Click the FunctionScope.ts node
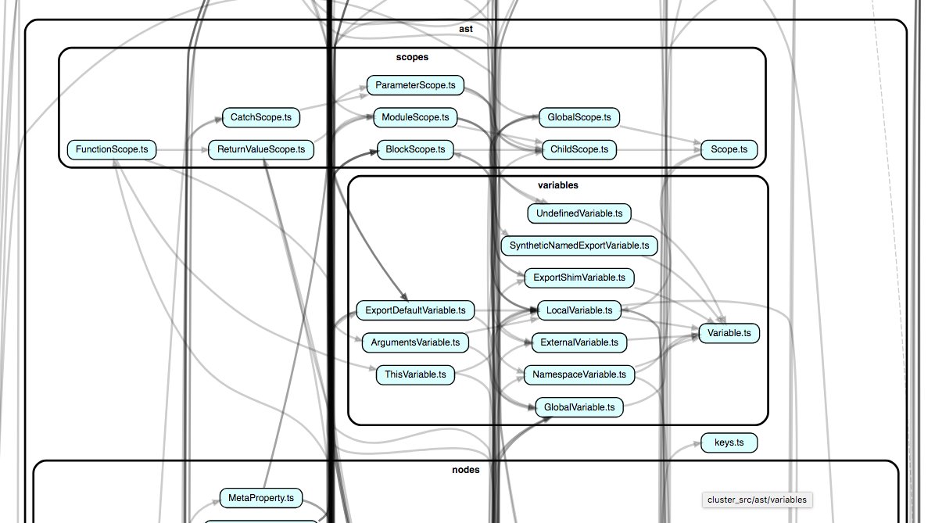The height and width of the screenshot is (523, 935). (112, 149)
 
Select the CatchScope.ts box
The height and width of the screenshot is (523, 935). (261, 118)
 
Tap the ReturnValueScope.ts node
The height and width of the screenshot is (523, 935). (261, 149)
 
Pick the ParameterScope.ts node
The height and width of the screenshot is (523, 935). (415, 85)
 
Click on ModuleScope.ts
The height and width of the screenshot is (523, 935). (415, 118)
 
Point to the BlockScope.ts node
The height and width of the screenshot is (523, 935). (415, 149)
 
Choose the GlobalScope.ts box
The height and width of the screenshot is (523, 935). (579, 118)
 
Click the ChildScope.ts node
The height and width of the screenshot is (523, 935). (579, 149)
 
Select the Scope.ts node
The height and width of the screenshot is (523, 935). (729, 149)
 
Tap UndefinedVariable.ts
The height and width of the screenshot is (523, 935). (579, 213)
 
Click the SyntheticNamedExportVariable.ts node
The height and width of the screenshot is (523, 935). (579, 245)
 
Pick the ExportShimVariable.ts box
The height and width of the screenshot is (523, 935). (579, 278)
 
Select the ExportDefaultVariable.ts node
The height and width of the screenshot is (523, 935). (415, 310)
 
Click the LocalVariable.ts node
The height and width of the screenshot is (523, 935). (579, 310)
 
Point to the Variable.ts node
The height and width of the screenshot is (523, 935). (729, 333)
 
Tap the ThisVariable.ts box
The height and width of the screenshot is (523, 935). (415, 374)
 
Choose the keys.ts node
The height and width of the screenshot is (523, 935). (729, 442)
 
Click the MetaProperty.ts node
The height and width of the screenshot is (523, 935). (261, 497)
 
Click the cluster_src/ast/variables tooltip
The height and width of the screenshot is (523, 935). (758, 500)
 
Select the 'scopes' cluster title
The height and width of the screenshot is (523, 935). (412, 57)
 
